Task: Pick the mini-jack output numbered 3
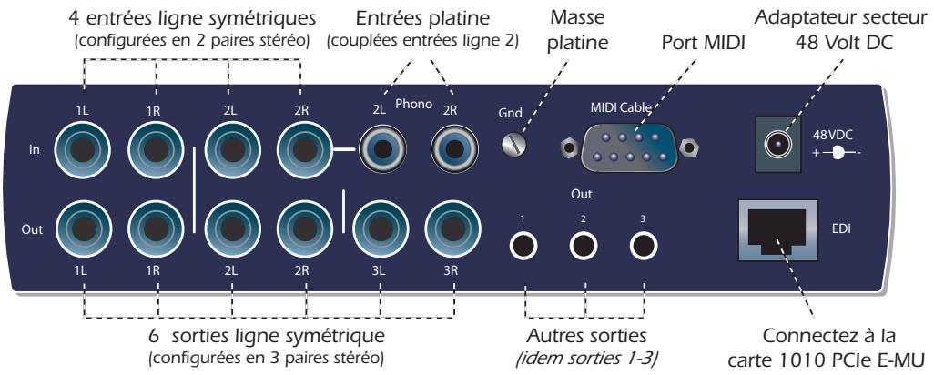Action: [x=644, y=245]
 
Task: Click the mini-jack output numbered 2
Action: [x=584, y=245]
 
